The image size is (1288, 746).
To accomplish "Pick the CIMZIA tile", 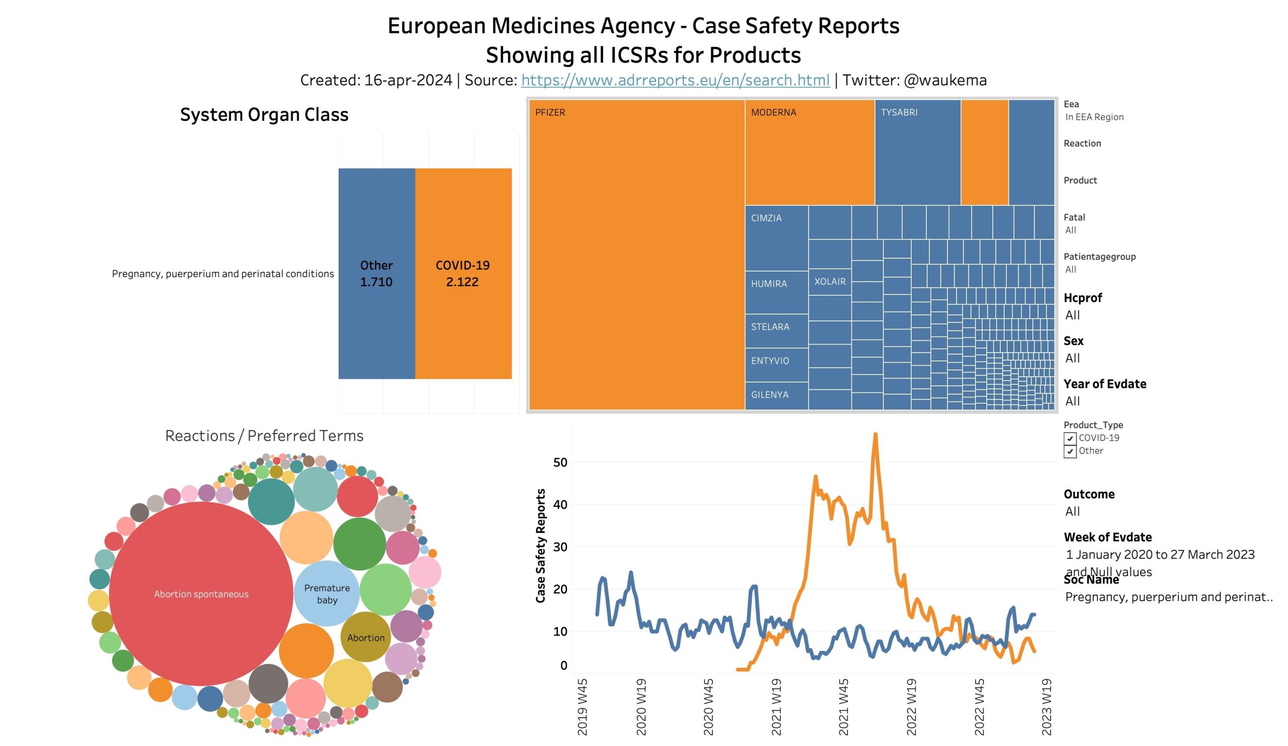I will [x=776, y=237].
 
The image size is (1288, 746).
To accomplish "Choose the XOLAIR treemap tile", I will [x=830, y=282].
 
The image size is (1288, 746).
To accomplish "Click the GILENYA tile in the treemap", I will [x=776, y=395].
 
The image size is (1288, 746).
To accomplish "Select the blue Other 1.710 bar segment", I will [x=376, y=273].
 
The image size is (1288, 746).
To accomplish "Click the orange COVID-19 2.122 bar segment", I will [x=463, y=273].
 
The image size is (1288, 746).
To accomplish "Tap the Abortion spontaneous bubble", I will [x=201, y=594].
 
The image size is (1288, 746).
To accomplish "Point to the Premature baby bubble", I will [x=327, y=594].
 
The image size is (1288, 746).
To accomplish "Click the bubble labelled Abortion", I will [x=365, y=637].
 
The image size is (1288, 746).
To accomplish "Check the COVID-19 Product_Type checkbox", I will [x=1070, y=439].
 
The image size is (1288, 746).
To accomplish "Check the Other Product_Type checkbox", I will [x=1070, y=452].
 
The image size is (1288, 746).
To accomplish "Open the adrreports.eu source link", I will [x=675, y=80].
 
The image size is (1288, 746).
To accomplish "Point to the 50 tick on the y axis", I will [x=560, y=462].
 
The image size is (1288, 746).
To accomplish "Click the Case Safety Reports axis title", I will [x=540, y=546].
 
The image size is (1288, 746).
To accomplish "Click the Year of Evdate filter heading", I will [x=1104, y=384].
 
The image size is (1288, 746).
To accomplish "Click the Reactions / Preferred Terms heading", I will [x=264, y=436].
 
